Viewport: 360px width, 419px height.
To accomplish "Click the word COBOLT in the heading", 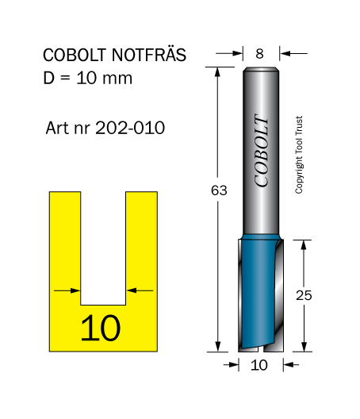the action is tap(75, 55).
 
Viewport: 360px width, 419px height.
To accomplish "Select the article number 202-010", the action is tap(130, 128).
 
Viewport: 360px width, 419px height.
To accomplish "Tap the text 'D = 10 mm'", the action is tap(87, 78).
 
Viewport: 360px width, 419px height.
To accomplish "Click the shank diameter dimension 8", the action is tap(259, 54).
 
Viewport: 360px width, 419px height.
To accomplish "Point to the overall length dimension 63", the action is tap(219, 190).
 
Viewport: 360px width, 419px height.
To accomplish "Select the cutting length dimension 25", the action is tap(304, 295).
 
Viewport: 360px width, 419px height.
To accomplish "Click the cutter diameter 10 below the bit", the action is tap(259, 365).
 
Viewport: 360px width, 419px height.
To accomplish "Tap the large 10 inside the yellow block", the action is tap(101, 328).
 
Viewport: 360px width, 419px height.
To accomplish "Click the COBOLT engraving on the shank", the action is tap(262, 150).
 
